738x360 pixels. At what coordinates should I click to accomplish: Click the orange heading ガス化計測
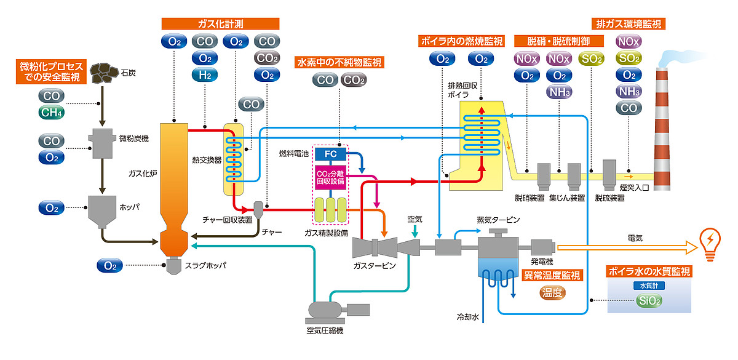(x=220, y=23)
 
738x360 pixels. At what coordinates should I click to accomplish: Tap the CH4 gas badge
(x=52, y=113)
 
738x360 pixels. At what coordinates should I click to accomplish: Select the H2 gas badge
(x=205, y=75)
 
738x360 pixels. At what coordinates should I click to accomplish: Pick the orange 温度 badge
(x=552, y=293)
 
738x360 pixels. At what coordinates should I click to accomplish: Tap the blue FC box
(x=330, y=153)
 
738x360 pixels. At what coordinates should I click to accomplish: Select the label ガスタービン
(x=375, y=266)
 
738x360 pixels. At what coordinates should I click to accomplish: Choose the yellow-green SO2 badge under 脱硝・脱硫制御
(x=590, y=59)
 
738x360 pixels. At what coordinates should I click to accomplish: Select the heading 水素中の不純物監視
(x=339, y=62)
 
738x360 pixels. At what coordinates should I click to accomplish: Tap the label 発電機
(x=542, y=262)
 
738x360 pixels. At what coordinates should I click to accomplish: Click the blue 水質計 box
(x=649, y=286)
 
